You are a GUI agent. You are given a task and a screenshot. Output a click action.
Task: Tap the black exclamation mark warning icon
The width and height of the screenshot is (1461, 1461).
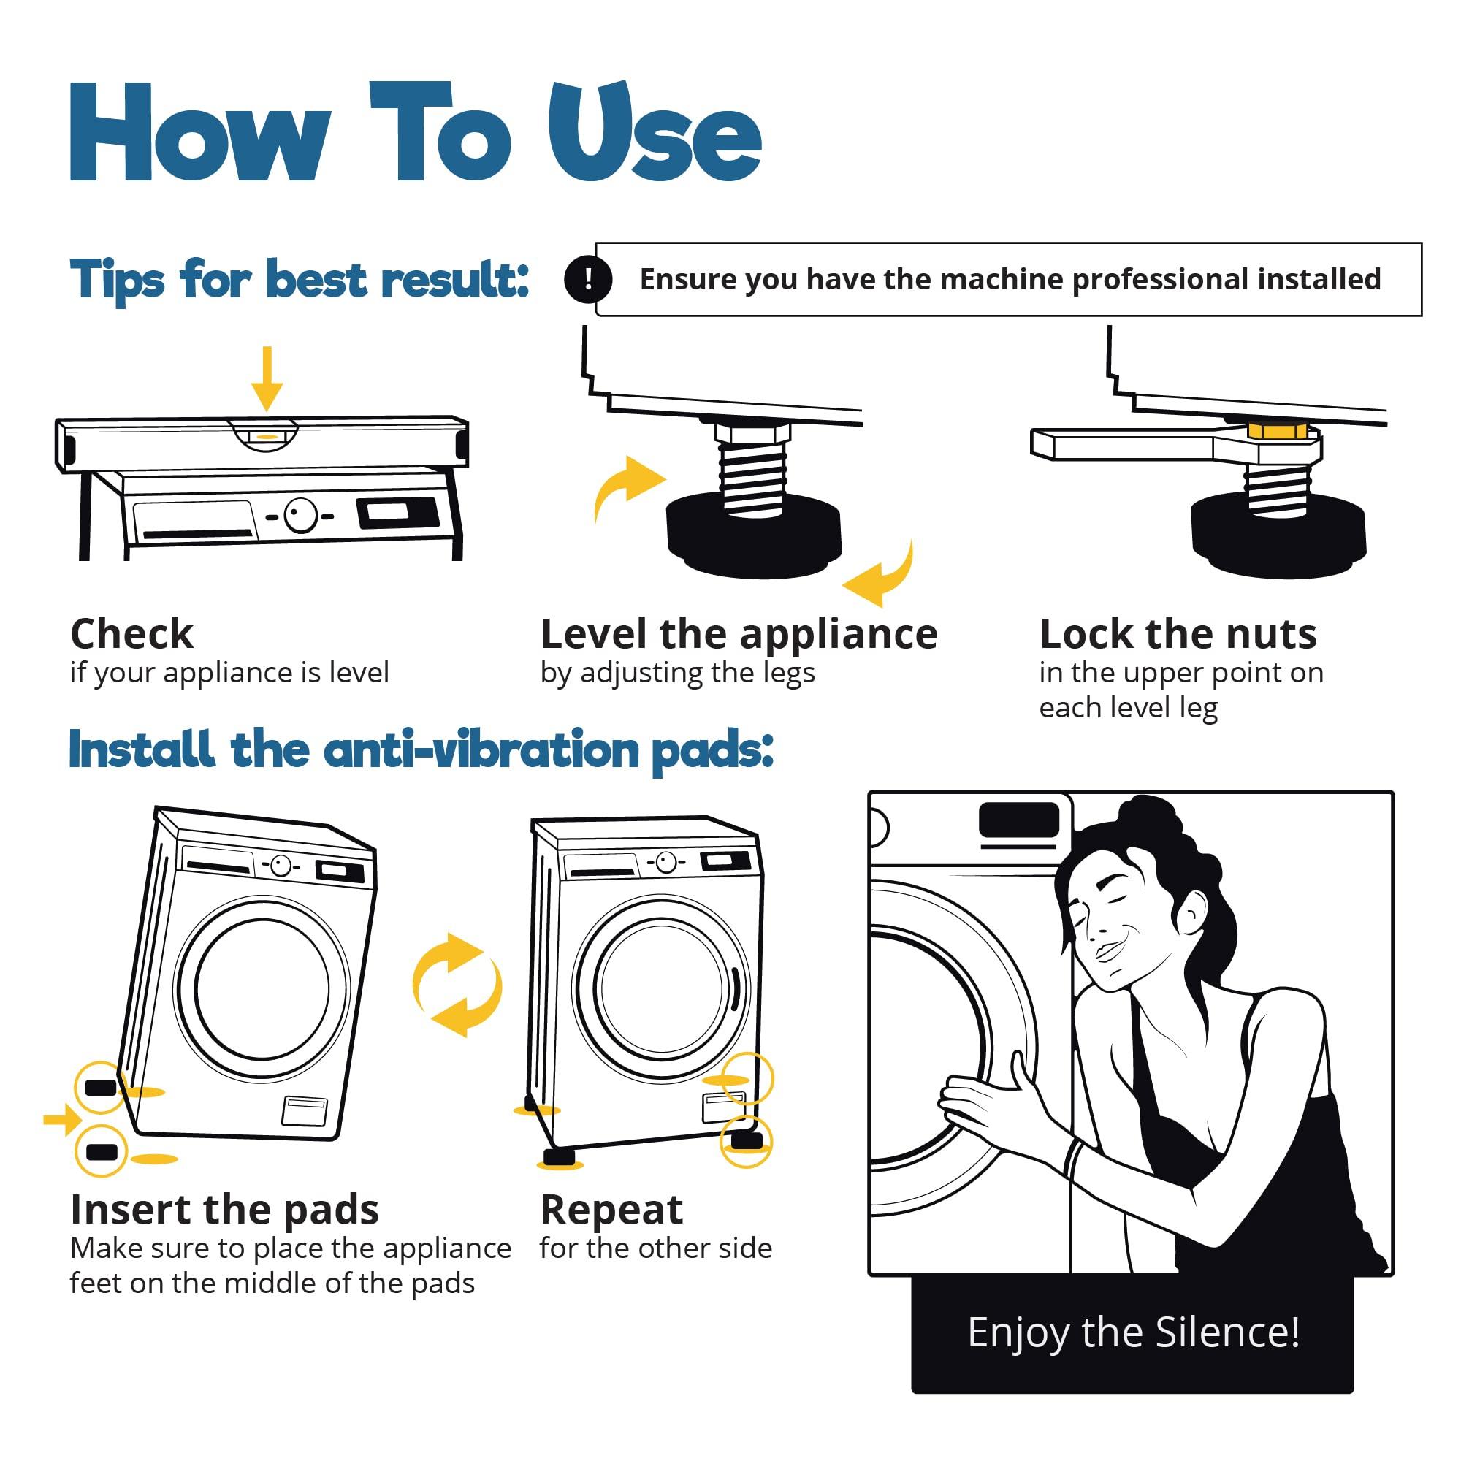[587, 279]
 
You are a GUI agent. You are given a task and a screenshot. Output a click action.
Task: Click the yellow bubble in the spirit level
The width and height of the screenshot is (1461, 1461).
[264, 437]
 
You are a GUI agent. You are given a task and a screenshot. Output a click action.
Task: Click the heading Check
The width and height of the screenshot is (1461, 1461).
[131, 633]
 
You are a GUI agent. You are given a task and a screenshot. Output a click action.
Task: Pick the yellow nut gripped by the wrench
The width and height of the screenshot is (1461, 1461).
[1277, 431]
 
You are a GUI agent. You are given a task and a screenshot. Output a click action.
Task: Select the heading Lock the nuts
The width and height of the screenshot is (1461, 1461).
[1178, 633]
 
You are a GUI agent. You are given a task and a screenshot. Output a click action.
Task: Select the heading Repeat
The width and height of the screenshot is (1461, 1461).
[611, 1210]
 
